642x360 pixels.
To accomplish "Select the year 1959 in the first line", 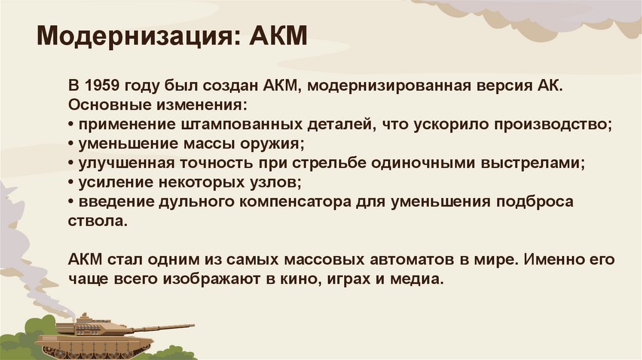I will [x=102, y=85].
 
